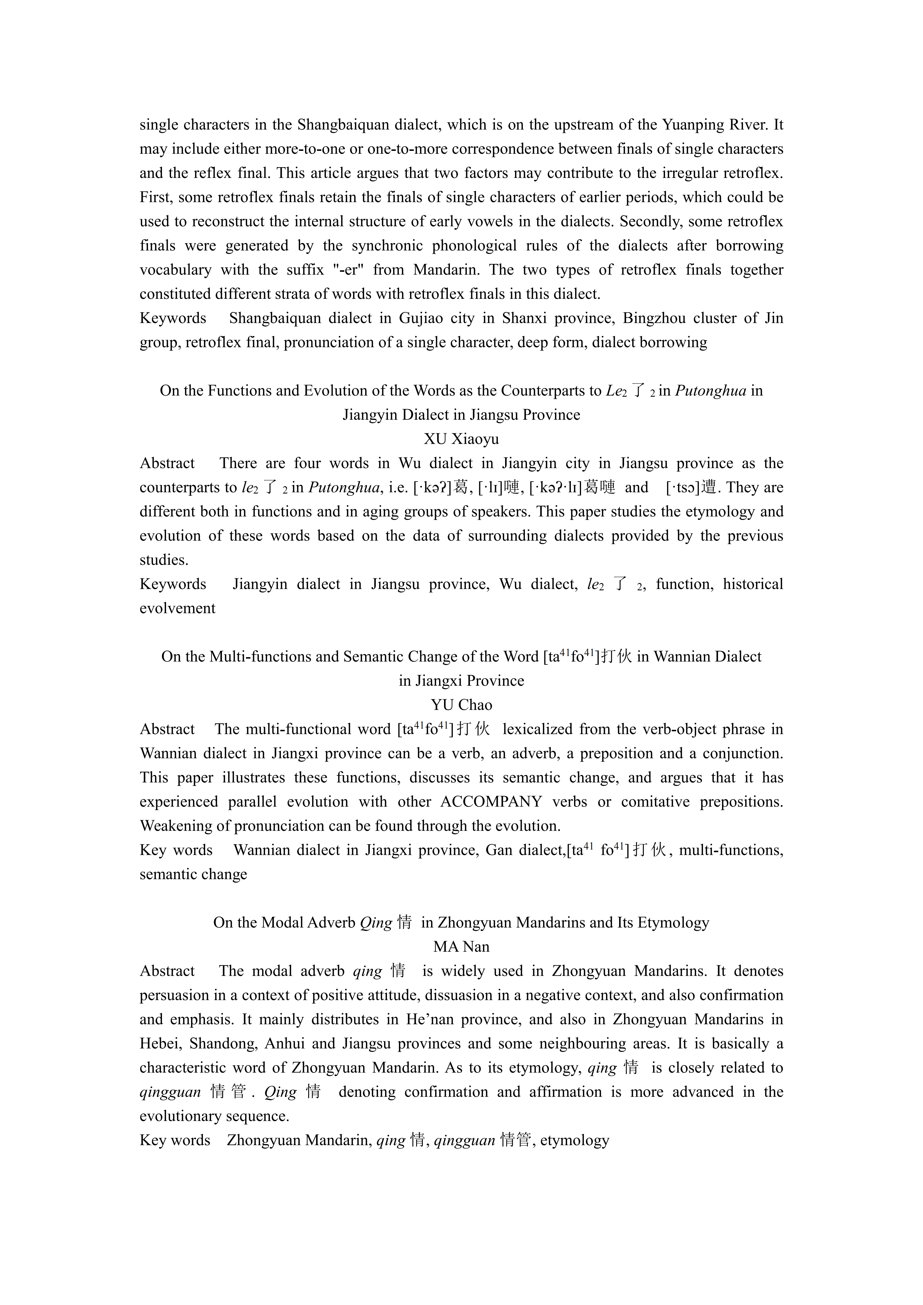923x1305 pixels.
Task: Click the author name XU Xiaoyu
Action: pos(461,439)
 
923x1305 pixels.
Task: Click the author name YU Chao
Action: pos(461,705)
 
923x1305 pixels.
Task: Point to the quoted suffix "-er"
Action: pos(348,270)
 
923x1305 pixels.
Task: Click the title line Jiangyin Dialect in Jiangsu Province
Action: pos(461,415)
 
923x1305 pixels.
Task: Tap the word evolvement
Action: pos(177,609)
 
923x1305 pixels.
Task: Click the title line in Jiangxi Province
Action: pos(461,681)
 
